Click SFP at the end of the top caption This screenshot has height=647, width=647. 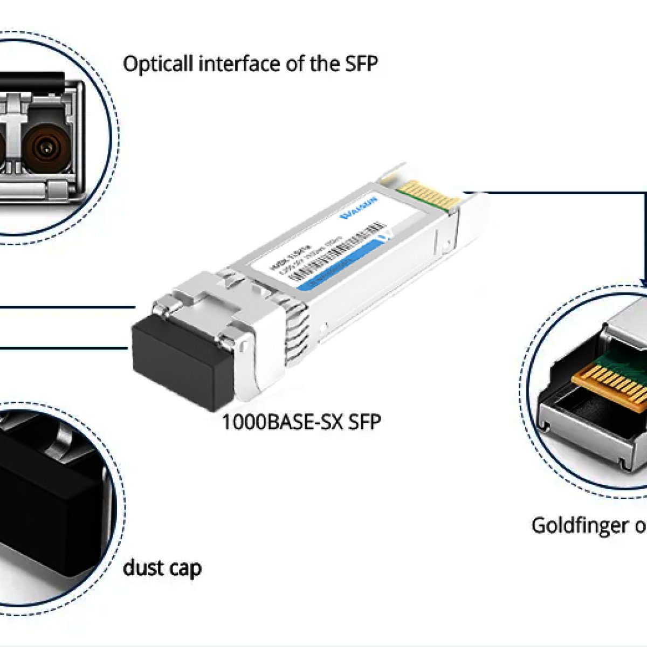361,64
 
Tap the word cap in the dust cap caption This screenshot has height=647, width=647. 185,569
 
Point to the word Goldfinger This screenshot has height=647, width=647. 580,525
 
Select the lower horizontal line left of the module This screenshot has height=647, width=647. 65,348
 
